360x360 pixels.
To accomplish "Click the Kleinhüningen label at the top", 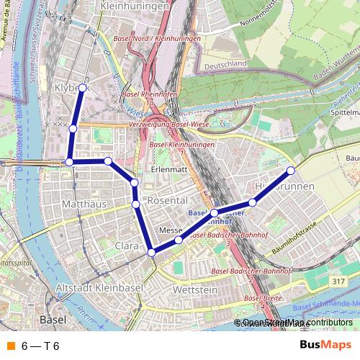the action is tap(136, 6).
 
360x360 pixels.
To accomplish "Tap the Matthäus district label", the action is tap(85, 204).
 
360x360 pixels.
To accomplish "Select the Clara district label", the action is tap(127, 246).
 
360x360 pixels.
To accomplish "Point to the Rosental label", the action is tap(167, 199).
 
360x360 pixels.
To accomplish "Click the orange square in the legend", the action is tap(11, 346).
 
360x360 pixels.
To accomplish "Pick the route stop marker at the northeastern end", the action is tap(291, 171).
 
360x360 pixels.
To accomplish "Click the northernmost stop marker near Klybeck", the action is tap(82, 88).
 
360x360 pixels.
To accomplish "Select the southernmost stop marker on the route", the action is tap(151, 253).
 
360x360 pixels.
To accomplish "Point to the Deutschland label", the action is tap(226, 66).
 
